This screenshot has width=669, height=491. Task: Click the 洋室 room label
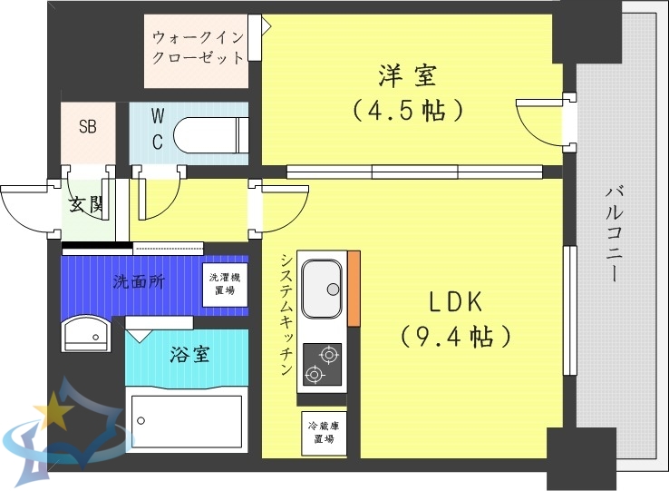point(408,74)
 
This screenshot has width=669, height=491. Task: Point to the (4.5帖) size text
point(408,111)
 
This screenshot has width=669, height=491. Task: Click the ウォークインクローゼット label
point(198,48)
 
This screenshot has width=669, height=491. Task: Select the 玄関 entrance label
point(87,205)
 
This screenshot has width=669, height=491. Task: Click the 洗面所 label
point(139,281)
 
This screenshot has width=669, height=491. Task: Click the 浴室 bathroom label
point(189,354)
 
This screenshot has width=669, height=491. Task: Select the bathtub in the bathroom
point(186,419)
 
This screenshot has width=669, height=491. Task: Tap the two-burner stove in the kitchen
point(321,364)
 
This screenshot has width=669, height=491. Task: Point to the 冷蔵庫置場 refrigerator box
point(322,432)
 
